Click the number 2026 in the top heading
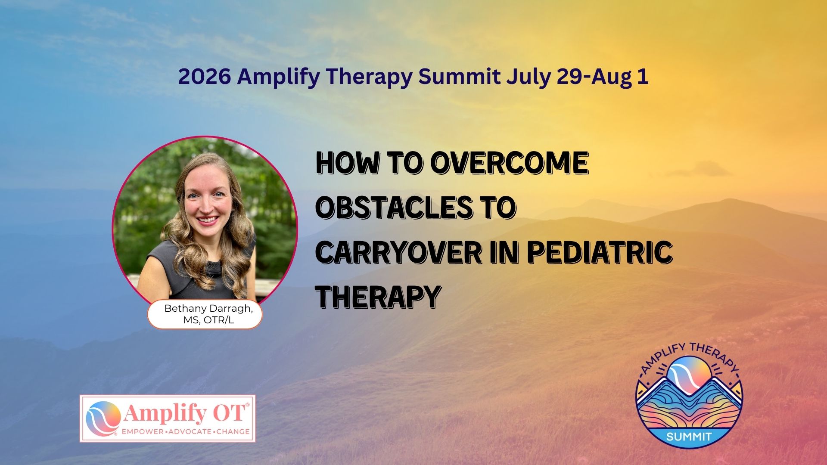[x=204, y=77]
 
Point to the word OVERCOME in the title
[x=509, y=163]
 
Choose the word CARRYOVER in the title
[x=398, y=252]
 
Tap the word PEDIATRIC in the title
[x=600, y=252]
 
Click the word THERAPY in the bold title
[x=378, y=297]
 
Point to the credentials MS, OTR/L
[x=208, y=320]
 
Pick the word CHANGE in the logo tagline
[x=233, y=431]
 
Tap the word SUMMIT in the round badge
[x=689, y=437]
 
